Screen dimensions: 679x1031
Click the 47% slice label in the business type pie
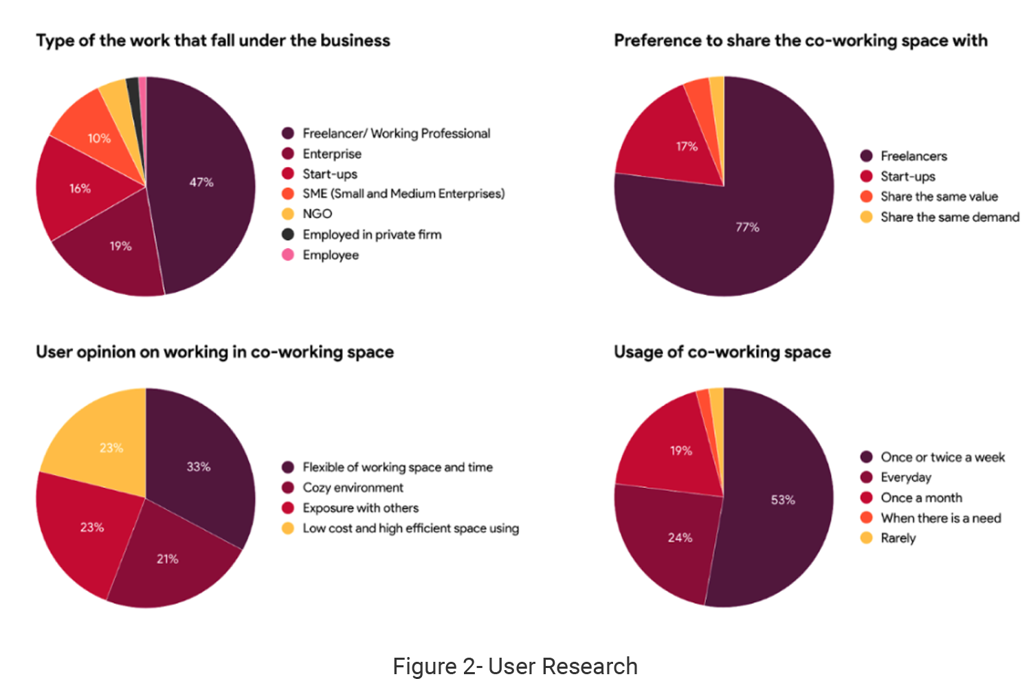201,182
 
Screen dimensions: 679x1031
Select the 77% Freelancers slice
747,227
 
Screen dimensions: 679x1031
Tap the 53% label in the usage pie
783,500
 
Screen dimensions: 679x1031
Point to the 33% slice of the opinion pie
199,467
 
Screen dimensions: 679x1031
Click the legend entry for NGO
317,214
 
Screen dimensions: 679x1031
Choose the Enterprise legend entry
331,154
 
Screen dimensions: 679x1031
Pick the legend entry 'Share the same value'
939,197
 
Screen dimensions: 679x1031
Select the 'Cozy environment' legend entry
353,487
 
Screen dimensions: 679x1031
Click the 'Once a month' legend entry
921,498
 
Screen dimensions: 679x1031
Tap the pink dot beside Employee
288,255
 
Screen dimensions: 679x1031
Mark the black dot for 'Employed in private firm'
288,234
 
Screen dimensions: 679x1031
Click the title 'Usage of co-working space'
722,352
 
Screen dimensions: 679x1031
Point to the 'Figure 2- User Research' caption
515,667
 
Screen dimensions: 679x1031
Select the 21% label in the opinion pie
167,559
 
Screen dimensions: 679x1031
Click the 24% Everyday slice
680,537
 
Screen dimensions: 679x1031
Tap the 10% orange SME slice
98,138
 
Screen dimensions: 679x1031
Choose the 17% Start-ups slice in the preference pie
687,146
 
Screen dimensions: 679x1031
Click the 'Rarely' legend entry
898,538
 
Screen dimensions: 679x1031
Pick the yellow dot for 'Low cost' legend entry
288,528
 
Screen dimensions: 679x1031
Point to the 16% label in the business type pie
80,188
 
